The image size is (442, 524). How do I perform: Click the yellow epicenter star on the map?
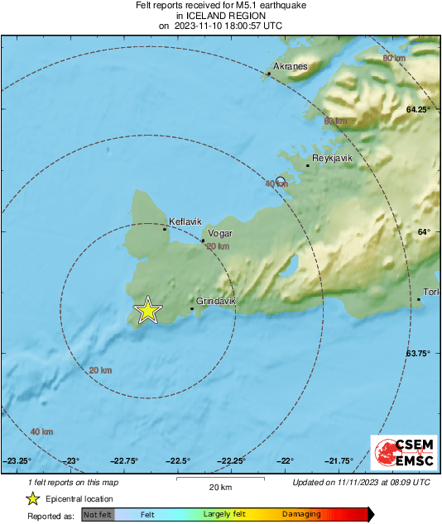click(x=147, y=311)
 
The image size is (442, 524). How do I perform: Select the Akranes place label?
click(x=290, y=66)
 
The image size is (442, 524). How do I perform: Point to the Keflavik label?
click(x=184, y=222)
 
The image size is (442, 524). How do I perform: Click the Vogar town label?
click(x=219, y=234)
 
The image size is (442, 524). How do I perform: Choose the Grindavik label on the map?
click(x=216, y=302)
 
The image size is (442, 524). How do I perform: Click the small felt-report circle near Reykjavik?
click(x=281, y=181)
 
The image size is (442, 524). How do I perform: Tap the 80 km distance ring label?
click(x=394, y=58)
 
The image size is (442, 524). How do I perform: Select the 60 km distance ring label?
click(x=334, y=121)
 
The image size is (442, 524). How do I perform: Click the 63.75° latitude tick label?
click(x=418, y=353)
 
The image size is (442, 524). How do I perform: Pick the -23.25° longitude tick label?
click(x=18, y=460)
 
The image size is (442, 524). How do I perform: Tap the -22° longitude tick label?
click(x=286, y=460)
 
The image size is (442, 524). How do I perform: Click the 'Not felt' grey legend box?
click(x=98, y=515)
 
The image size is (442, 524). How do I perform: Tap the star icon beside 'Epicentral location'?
click(x=32, y=498)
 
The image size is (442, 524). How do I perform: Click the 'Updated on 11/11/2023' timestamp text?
click(x=361, y=482)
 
